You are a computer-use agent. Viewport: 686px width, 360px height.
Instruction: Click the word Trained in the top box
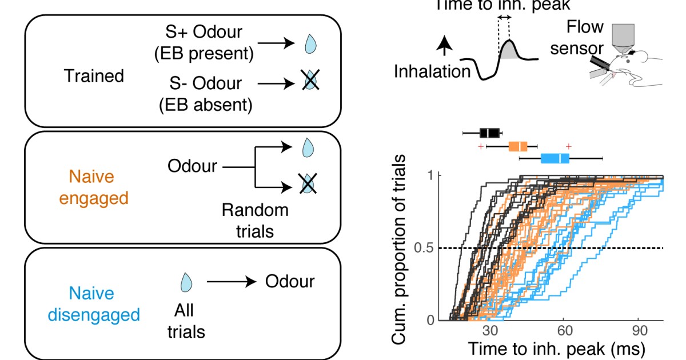pos(95,75)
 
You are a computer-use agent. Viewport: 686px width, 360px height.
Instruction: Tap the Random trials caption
pos(254,220)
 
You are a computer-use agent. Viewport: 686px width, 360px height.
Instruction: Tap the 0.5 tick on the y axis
pos(419,248)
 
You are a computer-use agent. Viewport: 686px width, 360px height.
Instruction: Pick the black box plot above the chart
pos(489,133)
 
